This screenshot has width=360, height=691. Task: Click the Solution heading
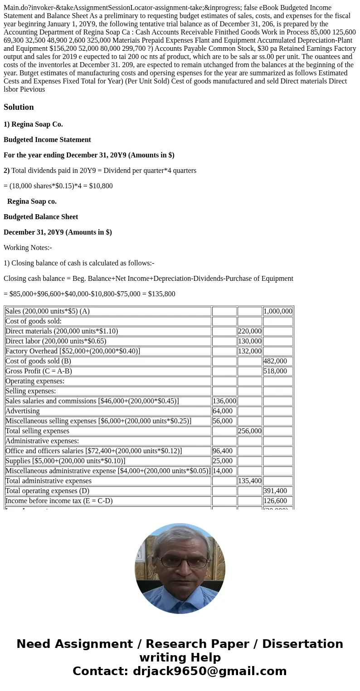(19, 107)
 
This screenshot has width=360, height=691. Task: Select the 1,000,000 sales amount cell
(277, 311)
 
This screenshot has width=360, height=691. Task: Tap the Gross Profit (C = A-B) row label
(39, 371)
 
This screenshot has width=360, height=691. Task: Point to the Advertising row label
(23, 411)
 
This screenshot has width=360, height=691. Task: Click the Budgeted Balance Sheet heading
(41, 217)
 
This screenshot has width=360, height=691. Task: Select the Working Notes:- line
(28, 248)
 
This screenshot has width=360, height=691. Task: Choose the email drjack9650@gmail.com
(209, 671)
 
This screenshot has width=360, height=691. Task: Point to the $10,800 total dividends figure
(100, 186)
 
